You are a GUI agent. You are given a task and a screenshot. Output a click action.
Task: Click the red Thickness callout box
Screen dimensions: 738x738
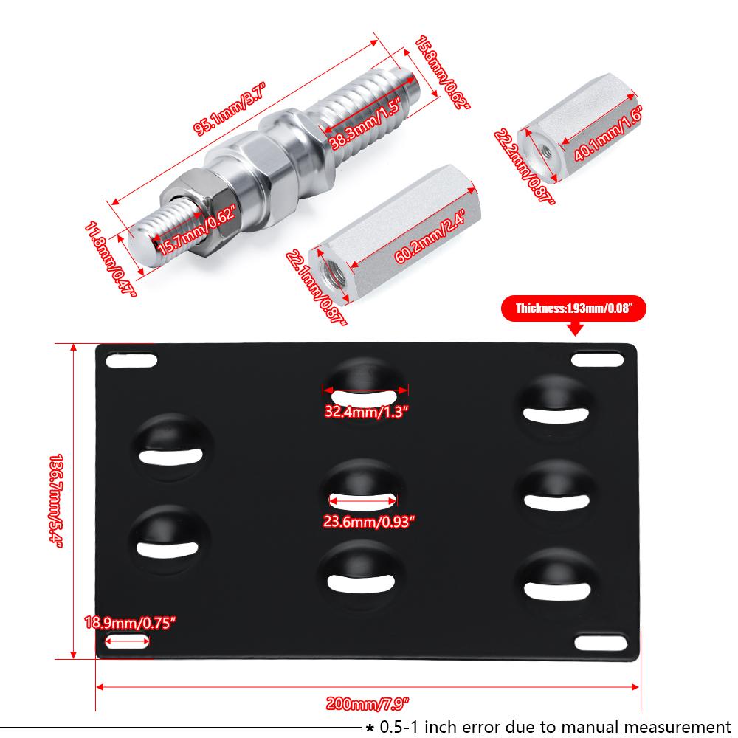pos(573,309)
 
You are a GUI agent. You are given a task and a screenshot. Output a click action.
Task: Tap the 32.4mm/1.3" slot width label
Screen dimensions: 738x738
pos(365,412)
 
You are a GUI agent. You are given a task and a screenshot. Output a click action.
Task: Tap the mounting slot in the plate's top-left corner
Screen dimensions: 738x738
pos(131,362)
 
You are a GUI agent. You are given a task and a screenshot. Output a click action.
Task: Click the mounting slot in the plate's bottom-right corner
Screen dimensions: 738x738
pos(600,642)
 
